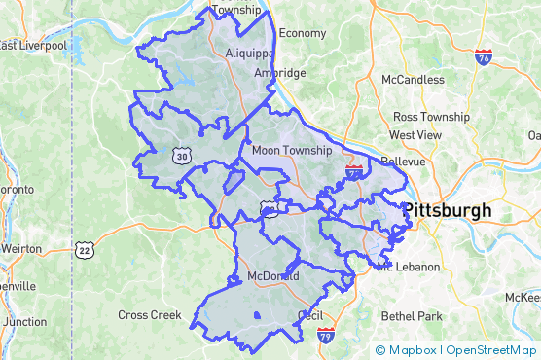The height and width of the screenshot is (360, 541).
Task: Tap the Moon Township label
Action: tap(292, 151)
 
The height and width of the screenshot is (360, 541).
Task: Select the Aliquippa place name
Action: tap(245, 53)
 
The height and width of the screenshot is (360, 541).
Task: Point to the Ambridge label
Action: tap(279, 73)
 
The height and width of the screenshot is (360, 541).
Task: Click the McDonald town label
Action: tap(271, 276)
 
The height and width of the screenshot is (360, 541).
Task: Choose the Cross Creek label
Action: tap(150, 314)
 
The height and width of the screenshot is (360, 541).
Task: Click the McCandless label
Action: tap(413, 79)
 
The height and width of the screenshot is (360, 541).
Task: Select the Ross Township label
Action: tap(431, 117)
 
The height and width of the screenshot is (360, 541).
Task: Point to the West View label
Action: tap(415, 134)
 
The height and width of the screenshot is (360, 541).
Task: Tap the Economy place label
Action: tap(303, 33)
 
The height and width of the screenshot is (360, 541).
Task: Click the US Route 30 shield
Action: tap(182, 155)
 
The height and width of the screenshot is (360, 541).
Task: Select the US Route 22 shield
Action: tap(85, 250)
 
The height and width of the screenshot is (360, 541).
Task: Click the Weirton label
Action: tap(19, 248)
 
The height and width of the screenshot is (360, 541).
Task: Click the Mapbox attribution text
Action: tap(413, 350)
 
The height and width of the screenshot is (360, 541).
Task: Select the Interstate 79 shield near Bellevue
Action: tap(354, 173)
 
